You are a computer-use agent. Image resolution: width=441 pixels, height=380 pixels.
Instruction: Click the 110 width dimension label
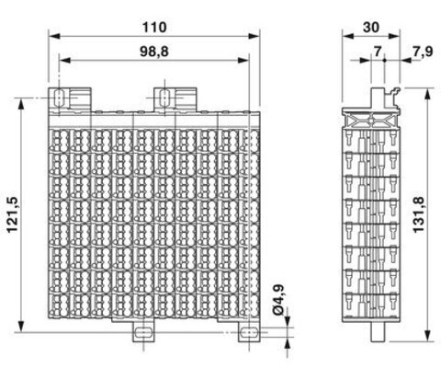[x=154, y=28]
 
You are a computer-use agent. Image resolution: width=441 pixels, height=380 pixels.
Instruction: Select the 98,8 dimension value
[x=154, y=52]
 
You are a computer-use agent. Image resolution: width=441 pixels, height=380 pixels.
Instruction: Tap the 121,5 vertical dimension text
[x=14, y=214]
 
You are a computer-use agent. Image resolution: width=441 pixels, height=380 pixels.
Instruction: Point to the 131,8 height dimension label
[x=419, y=214]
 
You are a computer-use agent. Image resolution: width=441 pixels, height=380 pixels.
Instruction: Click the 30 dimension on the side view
[x=371, y=28]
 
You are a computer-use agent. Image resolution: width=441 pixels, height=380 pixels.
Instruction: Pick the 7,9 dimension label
[x=423, y=52]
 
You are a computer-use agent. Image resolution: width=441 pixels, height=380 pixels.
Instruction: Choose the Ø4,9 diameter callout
[x=278, y=300]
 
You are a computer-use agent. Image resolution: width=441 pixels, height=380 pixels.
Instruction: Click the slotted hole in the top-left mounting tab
[x=58, y=98]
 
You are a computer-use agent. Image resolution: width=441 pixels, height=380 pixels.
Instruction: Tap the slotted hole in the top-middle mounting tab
[x=164, y=98]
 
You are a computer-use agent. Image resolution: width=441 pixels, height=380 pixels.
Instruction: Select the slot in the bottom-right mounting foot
[x=249, y=332]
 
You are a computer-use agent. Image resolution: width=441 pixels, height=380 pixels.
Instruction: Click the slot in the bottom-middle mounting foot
[x=143, y=332]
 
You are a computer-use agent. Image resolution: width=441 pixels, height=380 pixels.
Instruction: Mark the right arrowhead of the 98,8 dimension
[x=243, y=60]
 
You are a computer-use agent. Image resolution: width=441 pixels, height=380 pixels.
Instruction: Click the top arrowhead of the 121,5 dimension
[x=21, y=104]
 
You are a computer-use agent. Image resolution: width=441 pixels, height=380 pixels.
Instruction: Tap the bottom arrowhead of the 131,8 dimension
[x=428, y=336]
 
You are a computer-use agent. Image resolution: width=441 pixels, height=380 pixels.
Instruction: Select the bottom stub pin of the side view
[x=378, y=332]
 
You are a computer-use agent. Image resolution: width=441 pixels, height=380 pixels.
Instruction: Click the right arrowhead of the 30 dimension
[x=394, y=36]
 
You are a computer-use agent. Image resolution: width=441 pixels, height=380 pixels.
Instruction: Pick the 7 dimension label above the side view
[x=378, y=52]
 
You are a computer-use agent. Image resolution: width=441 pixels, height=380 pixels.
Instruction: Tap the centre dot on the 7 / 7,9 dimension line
[x=384, y=60]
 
